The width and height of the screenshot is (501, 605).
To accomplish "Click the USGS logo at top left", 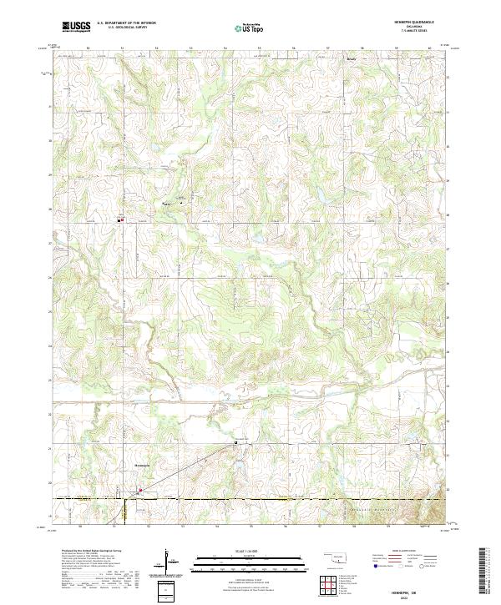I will click(77, 27).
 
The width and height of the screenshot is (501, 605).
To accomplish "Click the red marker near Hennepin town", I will click(140, 490).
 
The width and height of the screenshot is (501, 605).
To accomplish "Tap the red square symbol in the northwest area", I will click(121, 220).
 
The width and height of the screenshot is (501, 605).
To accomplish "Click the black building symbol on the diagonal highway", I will click(235, 444).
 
